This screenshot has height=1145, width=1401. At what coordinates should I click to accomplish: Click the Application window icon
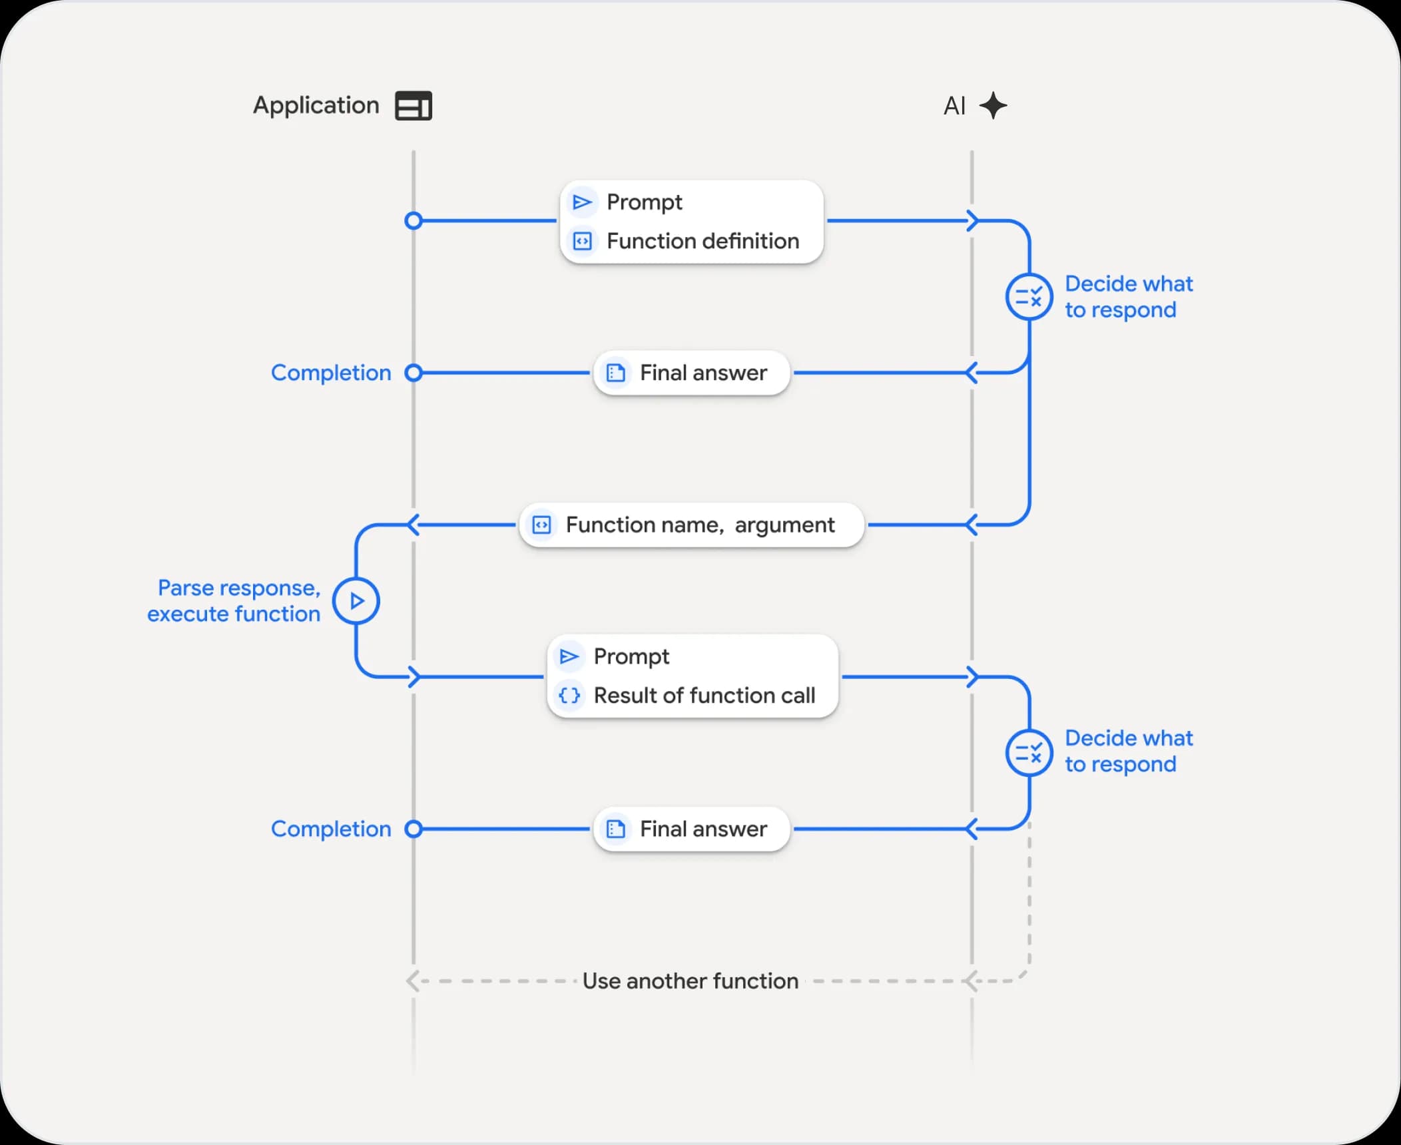coord(414,106)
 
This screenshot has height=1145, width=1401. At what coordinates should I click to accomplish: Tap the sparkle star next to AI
coord(993,105)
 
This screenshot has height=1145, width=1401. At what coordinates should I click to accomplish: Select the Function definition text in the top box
coord(702,241)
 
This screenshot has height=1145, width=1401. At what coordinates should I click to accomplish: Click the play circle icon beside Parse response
coord(356,601)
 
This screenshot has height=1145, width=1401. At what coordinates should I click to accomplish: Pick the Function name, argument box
coord(691,525)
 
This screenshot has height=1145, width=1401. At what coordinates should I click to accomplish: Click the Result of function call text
coord(704,696)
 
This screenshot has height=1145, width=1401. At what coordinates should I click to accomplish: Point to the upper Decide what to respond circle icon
coord(1029,297)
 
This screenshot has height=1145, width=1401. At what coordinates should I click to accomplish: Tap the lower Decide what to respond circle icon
coord(1029,753)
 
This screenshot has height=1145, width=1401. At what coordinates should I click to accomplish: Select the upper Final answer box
coord(691,373)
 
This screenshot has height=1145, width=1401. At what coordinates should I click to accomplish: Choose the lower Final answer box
coord(691,829)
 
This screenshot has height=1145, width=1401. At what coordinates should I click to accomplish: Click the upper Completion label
coord(331,373)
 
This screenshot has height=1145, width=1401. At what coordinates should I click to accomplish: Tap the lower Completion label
coord(331,829)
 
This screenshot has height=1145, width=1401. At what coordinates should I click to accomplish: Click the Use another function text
coord(690,981)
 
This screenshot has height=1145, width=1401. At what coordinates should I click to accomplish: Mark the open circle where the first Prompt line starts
coord(414,220)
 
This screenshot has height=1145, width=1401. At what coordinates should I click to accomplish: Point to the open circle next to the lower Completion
coord(414,829)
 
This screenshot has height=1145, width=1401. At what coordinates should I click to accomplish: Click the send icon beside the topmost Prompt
coord(582,202)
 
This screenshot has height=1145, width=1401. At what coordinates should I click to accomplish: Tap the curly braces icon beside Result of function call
coord(569,696)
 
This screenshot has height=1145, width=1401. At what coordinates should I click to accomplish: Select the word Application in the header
coord(316,106)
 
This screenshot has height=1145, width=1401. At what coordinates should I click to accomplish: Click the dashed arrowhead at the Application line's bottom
coord(413,981)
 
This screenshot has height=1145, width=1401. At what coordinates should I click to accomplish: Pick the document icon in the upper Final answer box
coord(616,373)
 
